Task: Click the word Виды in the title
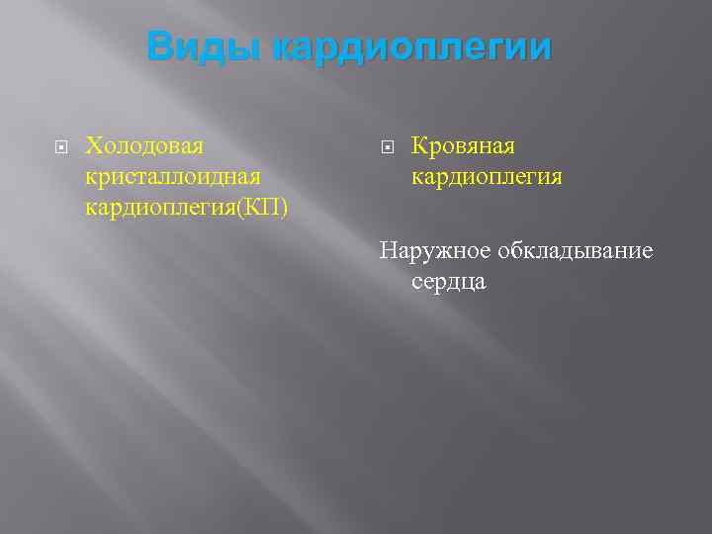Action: (x=203, y=46)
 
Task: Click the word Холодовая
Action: (x=144, y=146)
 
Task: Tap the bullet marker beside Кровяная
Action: (x=388, y=147)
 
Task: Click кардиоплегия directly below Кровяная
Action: (x=487, y=177)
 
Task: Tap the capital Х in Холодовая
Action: (x=93, y=146)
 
